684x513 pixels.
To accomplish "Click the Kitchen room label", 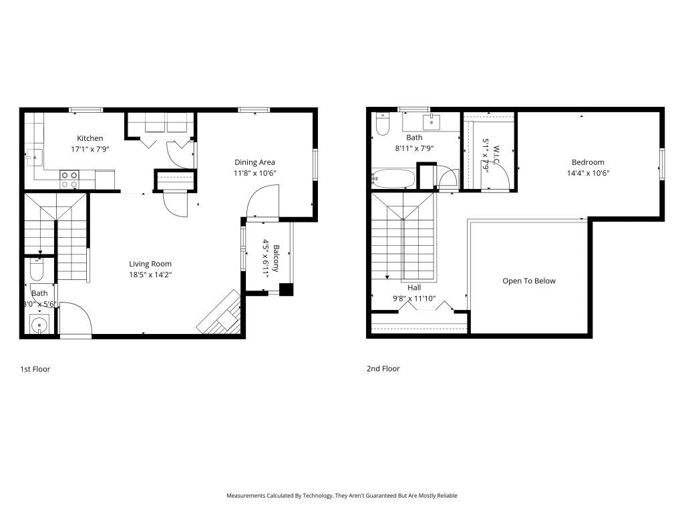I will [90, 138].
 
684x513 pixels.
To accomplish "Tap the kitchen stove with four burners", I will [69, 180].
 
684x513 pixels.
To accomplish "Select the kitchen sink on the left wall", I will [33, 157].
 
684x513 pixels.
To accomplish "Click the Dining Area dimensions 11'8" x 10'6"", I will [254, 173].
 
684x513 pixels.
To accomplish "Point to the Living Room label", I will [150, 264].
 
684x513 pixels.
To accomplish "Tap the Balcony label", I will [276, 258].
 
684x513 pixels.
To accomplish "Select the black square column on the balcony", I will [286, 290].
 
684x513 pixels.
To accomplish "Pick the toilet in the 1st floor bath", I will [37, 270].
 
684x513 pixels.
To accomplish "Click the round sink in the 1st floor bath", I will [40, 326].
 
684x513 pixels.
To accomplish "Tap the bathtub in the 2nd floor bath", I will [393, 179].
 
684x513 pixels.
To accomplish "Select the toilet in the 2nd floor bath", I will [382, 125].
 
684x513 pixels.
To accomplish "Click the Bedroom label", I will [588, 162].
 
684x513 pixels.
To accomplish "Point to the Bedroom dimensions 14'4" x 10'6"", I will [588, 173].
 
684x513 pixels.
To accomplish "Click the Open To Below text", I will [529, 281].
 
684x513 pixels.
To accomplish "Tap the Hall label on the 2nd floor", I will [413, 288].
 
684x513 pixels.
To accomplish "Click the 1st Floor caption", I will [35, 369].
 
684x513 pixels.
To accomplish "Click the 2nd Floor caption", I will [383, 369].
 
